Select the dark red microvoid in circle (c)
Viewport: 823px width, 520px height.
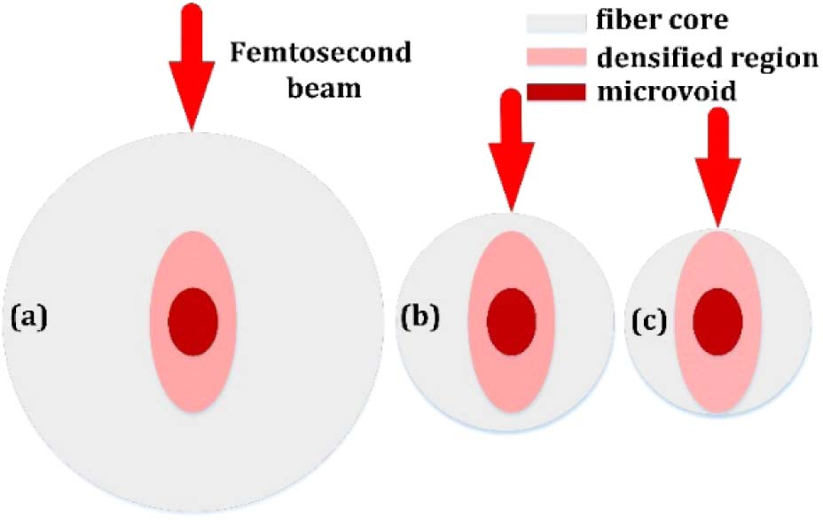click(x=717, y=320)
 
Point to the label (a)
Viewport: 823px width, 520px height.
click(x=28, y=316)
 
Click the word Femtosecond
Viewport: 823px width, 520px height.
click(x=321, y=55)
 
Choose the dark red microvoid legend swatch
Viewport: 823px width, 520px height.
click(x=557, y=91)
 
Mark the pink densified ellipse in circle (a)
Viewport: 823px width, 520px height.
click(x=193, y=257)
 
